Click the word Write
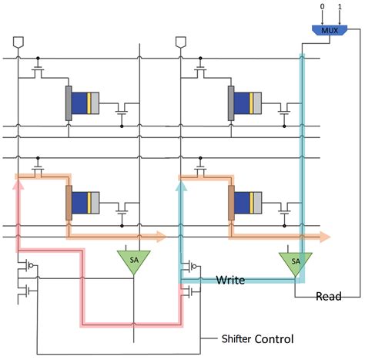(230, 281)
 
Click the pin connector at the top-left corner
(18, 41)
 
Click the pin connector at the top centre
(182, 41)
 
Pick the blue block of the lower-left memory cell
(80, 203)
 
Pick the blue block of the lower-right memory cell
(243, 203)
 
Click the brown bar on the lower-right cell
(232, 203)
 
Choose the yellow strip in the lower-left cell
(90, 203)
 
